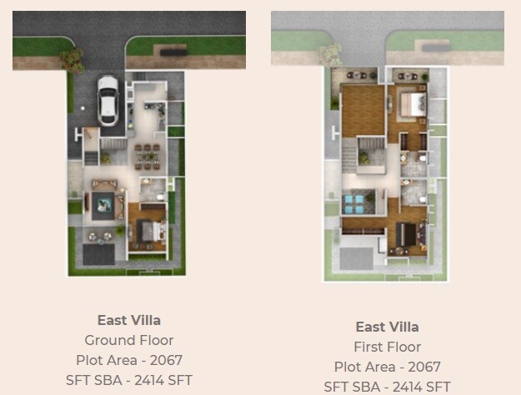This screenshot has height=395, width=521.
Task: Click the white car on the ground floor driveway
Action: coord(108,99)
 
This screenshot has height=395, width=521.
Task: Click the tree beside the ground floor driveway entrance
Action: coord(74,57)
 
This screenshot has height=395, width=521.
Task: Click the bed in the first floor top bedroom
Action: coord(413,104)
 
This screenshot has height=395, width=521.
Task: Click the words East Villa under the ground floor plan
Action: coord(129,320)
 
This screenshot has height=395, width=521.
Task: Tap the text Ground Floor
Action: coord(129,340)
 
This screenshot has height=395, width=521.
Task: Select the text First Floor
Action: coord(388,347)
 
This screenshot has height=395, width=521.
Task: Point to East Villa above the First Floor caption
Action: coord(388,327)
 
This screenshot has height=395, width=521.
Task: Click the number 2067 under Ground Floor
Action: coord(164,360)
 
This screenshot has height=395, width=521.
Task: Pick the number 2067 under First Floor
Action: coord(423,367)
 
